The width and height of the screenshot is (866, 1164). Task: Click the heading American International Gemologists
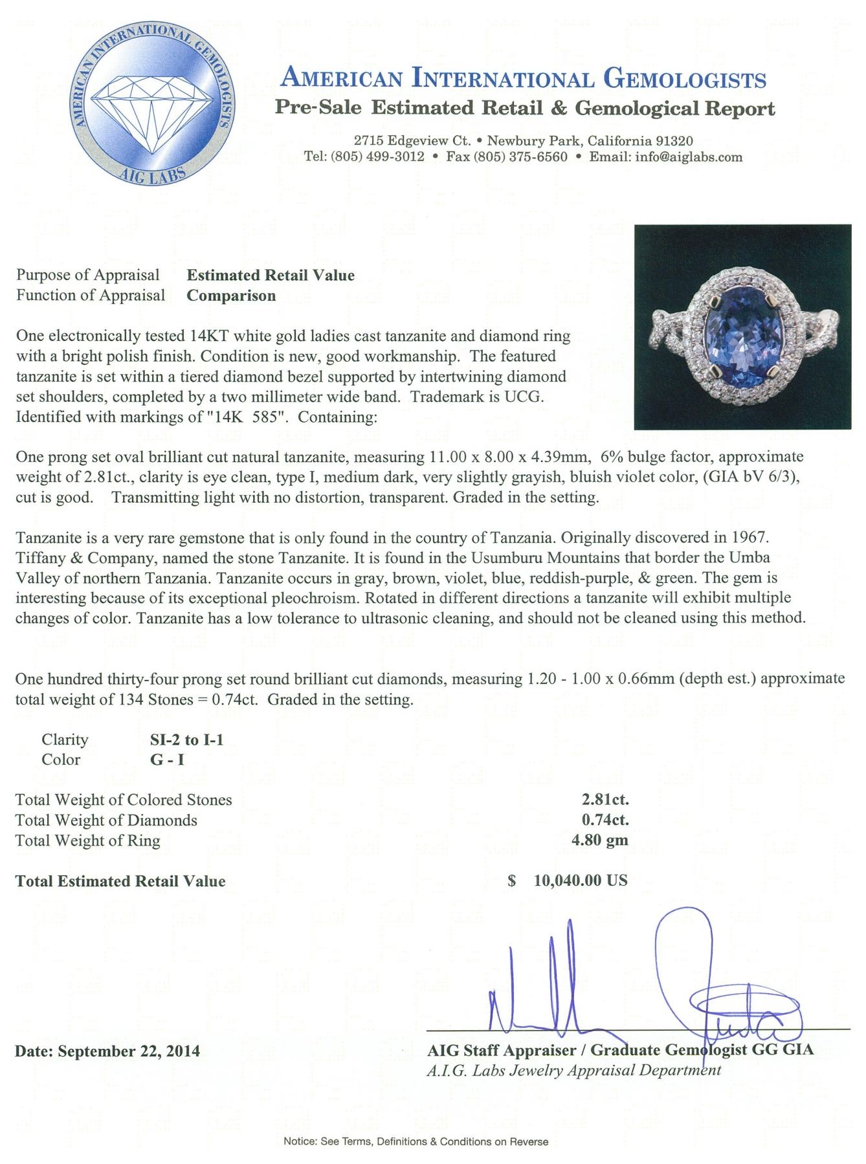pos(524,79)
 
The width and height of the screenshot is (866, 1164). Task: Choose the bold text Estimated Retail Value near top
pos(271,276)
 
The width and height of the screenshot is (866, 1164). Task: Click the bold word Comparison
pos(231,296)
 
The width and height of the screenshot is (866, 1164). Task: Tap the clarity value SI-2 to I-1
pos(186,740)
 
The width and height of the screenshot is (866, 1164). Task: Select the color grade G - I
pos(167,760)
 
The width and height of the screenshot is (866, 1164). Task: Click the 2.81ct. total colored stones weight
pos(605,800)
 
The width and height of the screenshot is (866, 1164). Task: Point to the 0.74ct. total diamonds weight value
pos(605,820)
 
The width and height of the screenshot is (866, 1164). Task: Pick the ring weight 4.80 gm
pos(605,840)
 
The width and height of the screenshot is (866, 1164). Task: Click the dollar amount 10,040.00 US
pos(580,881)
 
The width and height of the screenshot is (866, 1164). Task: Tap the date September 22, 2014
pos(129,1051)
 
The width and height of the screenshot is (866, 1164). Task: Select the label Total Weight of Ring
pos(88,840)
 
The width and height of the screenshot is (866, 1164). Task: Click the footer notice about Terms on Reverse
pos(416,1142)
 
